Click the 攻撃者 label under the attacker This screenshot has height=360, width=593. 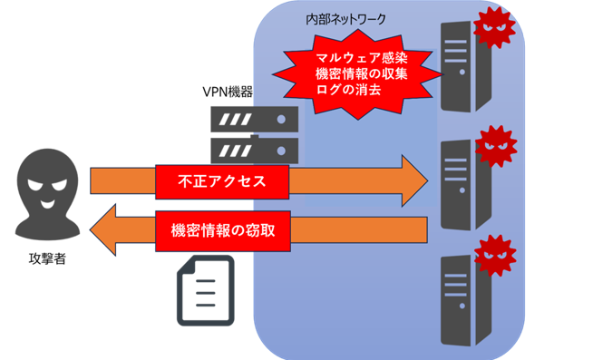point(47,258)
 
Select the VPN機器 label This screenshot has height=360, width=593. point(228,92)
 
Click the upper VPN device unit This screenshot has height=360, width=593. point(254,120)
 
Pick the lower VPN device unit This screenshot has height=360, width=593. point(254,151)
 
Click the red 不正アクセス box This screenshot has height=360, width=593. point(222,181)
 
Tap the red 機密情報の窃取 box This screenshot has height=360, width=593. point(223,230)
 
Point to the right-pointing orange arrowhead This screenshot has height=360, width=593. point(414,180)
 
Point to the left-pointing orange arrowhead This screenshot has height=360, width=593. point(103,230)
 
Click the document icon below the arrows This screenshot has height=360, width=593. point(206,290)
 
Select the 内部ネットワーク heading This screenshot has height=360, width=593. point(345,19)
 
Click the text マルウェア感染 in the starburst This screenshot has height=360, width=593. point(361,58)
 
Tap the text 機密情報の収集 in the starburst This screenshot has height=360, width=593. point(361,73)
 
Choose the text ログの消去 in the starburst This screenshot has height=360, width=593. point(348,90)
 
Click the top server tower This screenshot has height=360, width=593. point(466,66)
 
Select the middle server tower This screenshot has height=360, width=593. point(466,185)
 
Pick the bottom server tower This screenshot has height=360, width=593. point(466,300)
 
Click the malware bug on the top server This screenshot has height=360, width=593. point(494,27)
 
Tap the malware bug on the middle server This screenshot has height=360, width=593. point(496,146)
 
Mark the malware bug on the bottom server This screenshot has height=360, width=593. point(495,256)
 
